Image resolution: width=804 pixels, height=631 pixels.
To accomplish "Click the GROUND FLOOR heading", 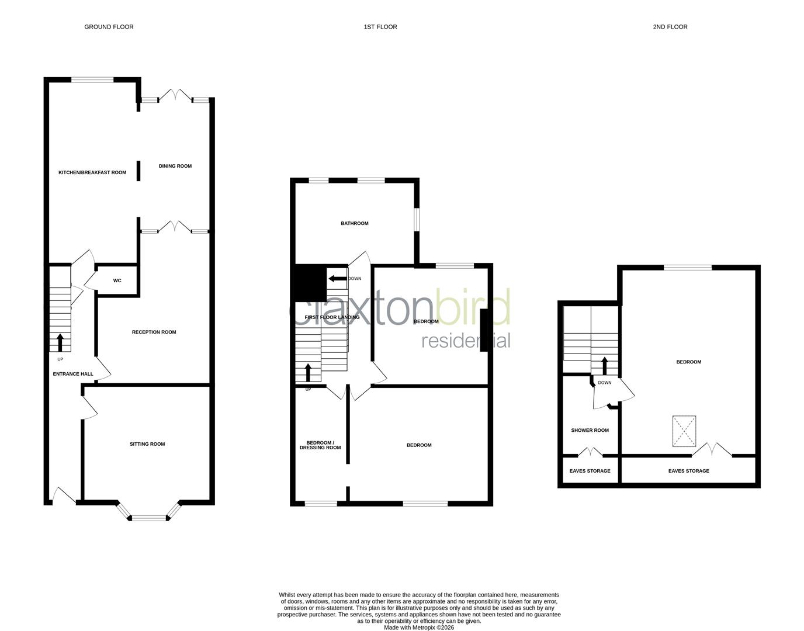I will point(109,27).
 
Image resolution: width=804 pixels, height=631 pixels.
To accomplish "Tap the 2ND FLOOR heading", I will point(670,27).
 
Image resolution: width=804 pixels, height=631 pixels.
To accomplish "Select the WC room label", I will point(117,281).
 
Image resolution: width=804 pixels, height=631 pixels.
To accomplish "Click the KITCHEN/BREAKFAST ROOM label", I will point(92,172).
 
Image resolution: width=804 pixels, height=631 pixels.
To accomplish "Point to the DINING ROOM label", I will point(175,166).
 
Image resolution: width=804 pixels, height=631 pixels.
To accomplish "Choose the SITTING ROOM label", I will point(147,444).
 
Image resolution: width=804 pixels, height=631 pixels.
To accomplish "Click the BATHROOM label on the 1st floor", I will point(355,223).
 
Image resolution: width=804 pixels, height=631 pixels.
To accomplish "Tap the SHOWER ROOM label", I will point(590,431).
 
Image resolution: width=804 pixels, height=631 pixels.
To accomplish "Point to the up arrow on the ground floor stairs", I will point(60,342).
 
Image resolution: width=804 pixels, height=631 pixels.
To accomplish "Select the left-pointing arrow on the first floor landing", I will point(336,279).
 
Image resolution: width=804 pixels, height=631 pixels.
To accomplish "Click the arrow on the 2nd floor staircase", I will point(604,366).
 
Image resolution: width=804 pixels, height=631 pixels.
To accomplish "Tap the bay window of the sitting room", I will point(149,516).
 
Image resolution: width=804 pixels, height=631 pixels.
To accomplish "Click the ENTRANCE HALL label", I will point(73,374).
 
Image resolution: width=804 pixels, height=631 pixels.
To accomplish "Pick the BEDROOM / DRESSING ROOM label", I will point(320,445).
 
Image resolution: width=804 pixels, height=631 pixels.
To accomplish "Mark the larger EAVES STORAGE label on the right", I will point(688,471).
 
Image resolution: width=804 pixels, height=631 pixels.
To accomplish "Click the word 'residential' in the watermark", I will point(466,341).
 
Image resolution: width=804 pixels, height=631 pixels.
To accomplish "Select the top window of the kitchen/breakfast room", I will point(92,79).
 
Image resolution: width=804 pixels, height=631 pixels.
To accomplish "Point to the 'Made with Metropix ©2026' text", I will point(418,627).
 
